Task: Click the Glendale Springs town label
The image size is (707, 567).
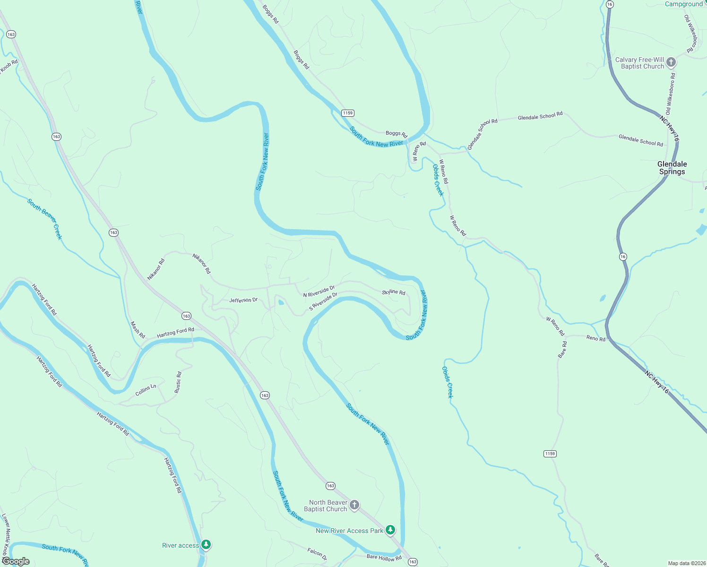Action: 672,168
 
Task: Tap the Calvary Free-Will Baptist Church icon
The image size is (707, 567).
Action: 671,62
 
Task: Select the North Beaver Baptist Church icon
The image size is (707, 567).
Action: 354,505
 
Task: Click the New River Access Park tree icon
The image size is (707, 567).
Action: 390,530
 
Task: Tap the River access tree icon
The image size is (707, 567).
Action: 206,545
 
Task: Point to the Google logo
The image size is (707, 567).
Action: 16,561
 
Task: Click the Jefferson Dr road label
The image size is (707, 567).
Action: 243,300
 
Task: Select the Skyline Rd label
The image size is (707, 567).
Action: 394,292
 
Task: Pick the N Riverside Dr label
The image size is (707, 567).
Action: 319,291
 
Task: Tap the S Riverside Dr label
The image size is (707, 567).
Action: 323,301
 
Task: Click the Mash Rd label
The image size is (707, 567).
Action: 138,330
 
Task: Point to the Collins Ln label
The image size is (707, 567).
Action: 146,390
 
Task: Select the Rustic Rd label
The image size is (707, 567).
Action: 178,383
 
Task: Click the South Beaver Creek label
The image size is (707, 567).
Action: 44,219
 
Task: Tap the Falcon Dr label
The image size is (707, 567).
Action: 317,554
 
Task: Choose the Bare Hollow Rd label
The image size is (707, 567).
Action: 384,558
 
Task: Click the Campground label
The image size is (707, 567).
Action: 684,4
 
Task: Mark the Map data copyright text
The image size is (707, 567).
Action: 685,563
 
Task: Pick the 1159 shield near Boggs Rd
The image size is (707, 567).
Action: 348,113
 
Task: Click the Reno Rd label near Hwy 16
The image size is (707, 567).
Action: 595,338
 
